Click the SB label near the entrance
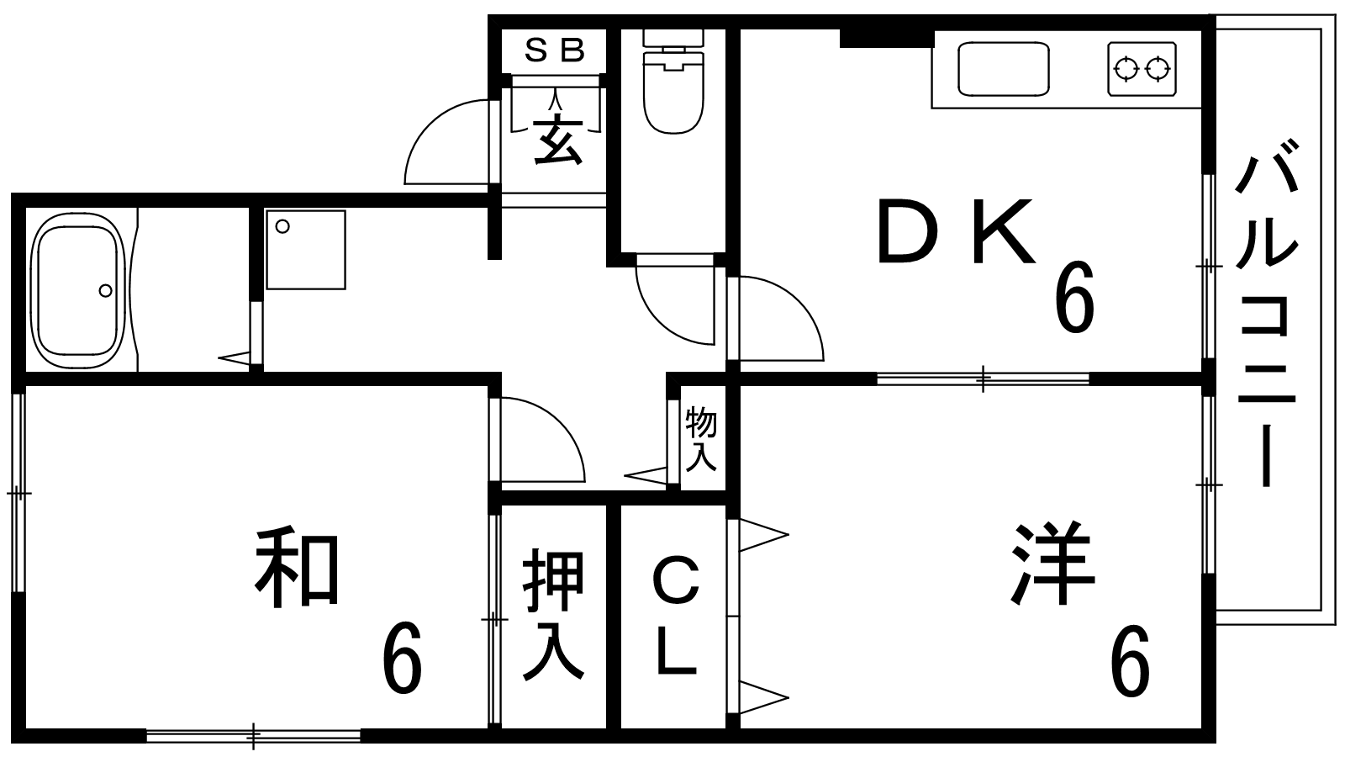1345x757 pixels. [x=554, y=51]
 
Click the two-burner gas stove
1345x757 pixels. [x=1142, y=68]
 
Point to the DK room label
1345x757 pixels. [x=955, y=231]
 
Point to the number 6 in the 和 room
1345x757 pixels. [x=402, y=661]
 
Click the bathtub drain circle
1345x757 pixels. [x=105, y=290]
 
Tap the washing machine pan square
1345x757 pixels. [x=305, y=250]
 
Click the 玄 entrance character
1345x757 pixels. [x=555, y=139]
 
